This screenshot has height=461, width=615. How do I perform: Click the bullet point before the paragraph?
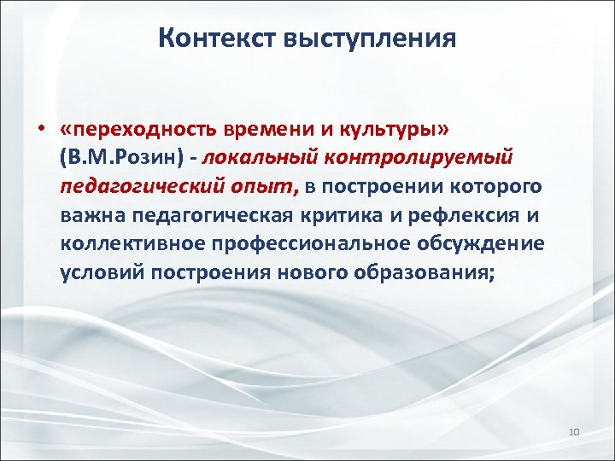[x=40, y=129]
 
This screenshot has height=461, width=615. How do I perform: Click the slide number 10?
[x=573, y=433]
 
